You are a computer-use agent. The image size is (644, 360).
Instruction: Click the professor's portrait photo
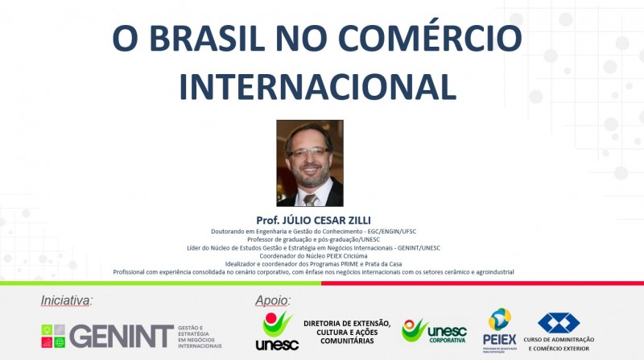click(310, 163)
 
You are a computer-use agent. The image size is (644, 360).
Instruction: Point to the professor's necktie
click(310, 199)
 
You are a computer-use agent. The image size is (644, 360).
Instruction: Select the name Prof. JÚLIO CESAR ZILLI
click(313, 220)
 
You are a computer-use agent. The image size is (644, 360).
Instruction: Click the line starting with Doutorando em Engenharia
click(313, 231)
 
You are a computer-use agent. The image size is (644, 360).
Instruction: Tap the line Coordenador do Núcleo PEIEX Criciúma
click(313, 256)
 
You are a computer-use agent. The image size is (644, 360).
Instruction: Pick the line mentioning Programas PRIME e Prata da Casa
click(313, 264)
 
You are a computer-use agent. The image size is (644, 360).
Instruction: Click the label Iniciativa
click(66, 300)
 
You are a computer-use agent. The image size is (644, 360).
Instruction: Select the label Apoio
click(273, 300)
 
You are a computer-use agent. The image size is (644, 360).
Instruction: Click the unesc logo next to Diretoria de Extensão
click(277, 331)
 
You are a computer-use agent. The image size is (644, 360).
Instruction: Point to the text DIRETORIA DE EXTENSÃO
click(347, 324)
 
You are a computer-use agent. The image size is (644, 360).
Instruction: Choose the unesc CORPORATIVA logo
click(435, 331)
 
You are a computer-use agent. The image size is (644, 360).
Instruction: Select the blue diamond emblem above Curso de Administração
click(559, 323)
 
